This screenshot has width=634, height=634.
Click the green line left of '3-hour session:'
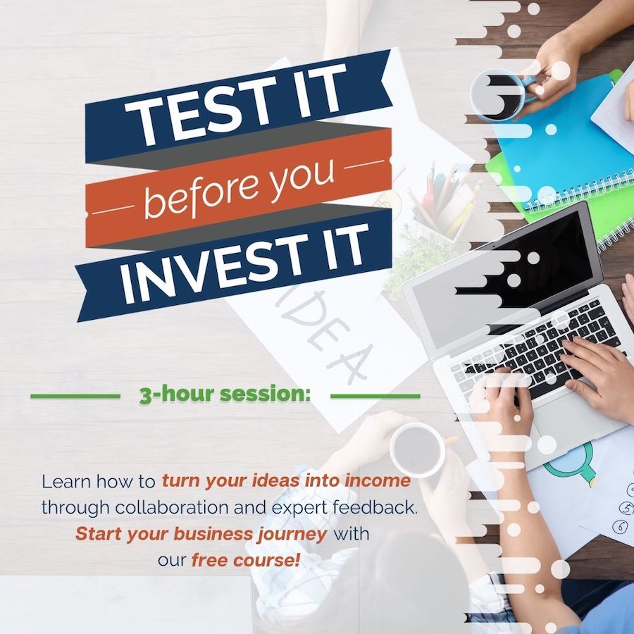[x=75, y=396]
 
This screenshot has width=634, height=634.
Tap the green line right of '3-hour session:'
[x=375, y=396]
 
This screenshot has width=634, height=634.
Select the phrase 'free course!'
[x=246, y=561]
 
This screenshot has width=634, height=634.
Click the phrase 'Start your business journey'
[x=201, y=534]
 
